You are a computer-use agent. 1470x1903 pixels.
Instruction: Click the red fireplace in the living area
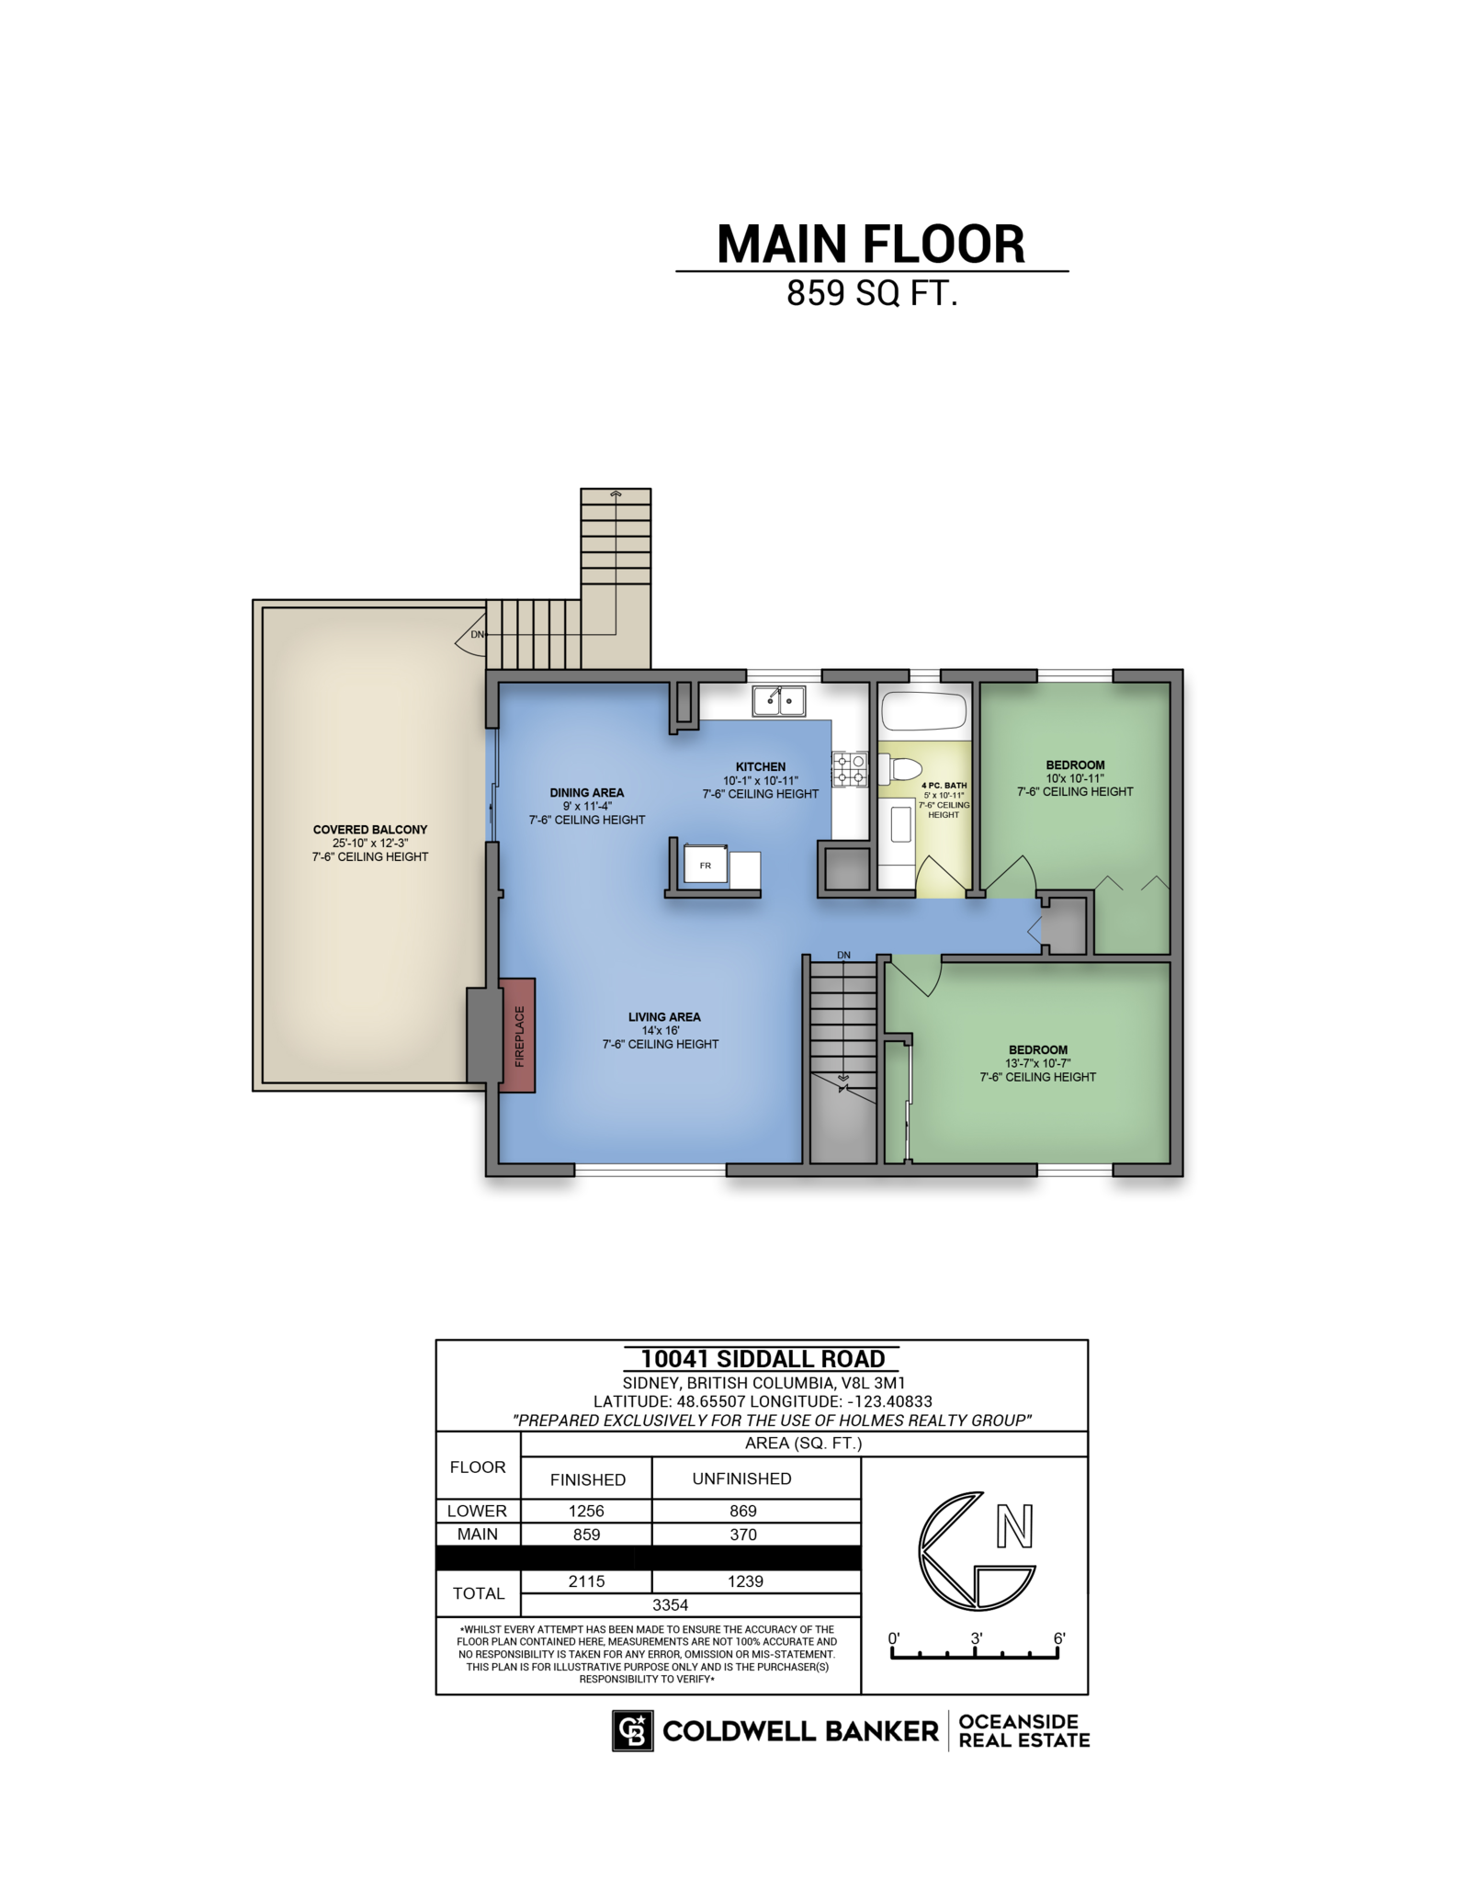click(x=516, y=1036)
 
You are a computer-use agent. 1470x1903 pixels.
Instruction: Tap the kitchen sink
click(x=778, y=701)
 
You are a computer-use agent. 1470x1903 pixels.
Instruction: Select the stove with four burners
click(x=850, y=769)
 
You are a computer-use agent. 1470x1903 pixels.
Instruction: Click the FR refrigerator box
click(x=706, y=865)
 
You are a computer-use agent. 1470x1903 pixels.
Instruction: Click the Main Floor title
click(x=871, y=244)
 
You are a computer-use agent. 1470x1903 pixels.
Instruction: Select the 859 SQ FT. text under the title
click(x=872, y=293)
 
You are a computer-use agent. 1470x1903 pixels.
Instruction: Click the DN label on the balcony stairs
click(x=478, y=634)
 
